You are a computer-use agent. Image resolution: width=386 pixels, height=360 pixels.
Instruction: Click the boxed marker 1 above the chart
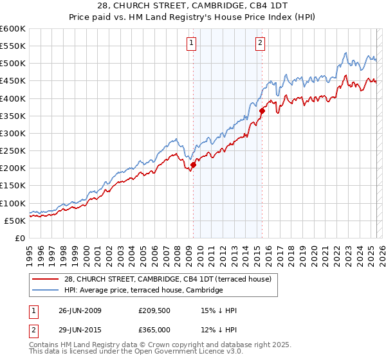pyautogui.click(x=192, y=43)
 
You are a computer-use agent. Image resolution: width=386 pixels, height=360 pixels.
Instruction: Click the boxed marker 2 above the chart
pyautogui.click(x=261, y=43)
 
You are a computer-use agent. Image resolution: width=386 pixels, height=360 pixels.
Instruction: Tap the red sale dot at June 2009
pyautogui.click(x=193, y=165)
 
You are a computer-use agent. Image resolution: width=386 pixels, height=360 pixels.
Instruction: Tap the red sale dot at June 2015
pyautogui.click(x=262, y=111)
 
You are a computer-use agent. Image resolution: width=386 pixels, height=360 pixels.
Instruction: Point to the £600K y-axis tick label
pyautogui.click(x=12, y=29)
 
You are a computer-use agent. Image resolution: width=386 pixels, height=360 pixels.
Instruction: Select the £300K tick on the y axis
pyautogui.click(x=12, y=133)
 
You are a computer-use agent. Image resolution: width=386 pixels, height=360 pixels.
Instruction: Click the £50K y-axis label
pyautogui.click(x=15, y=221)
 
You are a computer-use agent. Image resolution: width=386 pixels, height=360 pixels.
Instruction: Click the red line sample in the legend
pyautogui.click(x=46, y=279)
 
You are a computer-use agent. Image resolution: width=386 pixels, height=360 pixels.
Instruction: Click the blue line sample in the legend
pyautogui.click(x=46, y=291)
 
